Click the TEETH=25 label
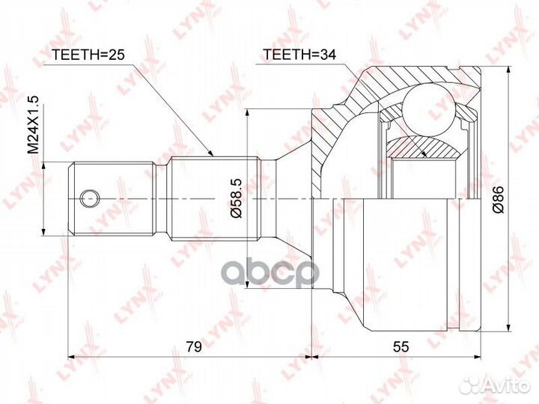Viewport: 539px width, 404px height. point(87,55)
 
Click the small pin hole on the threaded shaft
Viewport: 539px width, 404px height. point(89,198)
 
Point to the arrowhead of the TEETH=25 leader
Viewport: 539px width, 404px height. point(213,155)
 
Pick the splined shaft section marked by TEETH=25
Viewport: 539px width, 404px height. point(213,198)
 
